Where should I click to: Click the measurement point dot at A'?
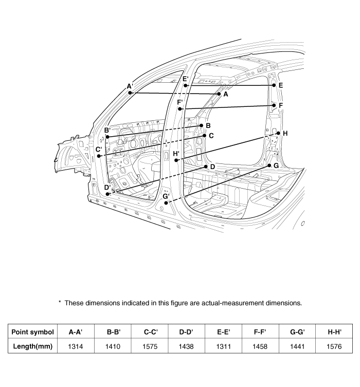pyautogui.click(x=131, y=93)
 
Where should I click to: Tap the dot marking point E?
pyautogui.click(x=274, y=85)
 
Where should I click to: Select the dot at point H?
pyautogui.click(x=278, y=134)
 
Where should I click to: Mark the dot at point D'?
pyautogui.click(x=108, y=194)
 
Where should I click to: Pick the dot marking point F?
pyautogui.click(x=274, y=105)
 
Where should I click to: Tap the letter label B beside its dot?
pyautogui.click(x=208, y=125)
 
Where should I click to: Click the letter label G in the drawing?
pyautogui.click(x=276, y=165)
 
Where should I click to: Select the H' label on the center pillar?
pyautogui.click(x=176, y=154)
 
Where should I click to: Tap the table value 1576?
pyautogui.click(x=334, y=346)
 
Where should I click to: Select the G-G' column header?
pyautogui.click(x=297, y=332)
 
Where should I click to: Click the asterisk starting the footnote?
pyautogui.click(x=60, y=302)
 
